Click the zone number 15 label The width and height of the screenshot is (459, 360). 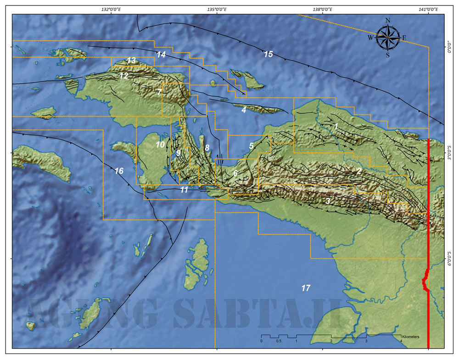tap(268, 54)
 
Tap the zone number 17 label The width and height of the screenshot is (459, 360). tap(306, 288)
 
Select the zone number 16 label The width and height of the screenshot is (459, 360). tap(119, 171)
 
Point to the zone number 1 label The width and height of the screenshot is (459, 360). tap(336, 125)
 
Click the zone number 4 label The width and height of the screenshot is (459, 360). tap(244, 110)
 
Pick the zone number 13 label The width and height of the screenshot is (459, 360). tap(131, 60)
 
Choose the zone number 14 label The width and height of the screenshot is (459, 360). tap(161, 54)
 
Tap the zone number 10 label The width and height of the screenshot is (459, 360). tap(160, 144)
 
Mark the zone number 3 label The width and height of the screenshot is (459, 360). tap(328, 201)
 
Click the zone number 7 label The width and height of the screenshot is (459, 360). tap(159, 92)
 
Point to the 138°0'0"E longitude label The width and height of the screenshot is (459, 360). tap(322, 9)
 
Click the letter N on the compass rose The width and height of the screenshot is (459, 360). tap(388, 20)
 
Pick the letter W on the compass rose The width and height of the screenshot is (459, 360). tap(370, 38)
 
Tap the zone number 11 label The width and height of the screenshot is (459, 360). tap(184, 189)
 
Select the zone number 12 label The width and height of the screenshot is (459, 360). tap(123, 76)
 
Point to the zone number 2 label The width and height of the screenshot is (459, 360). tap(359, 171)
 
